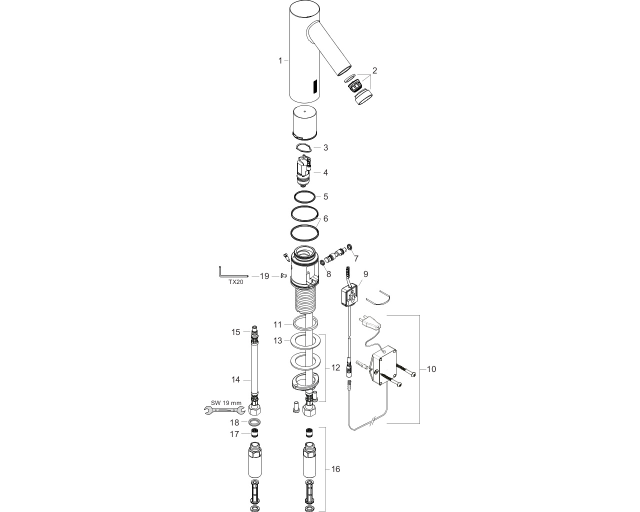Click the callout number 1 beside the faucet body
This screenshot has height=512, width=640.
tap(280, 60)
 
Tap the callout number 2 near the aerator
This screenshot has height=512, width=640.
tap(374, 70)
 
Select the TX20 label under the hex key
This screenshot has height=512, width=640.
tap(235, 282)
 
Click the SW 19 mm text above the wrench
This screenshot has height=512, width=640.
tap(226, 403)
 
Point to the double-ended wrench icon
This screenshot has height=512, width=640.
tap(224, 410)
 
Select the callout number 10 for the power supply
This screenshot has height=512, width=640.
tap(431, 369)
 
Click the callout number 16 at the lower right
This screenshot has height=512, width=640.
tap(335, 469)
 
